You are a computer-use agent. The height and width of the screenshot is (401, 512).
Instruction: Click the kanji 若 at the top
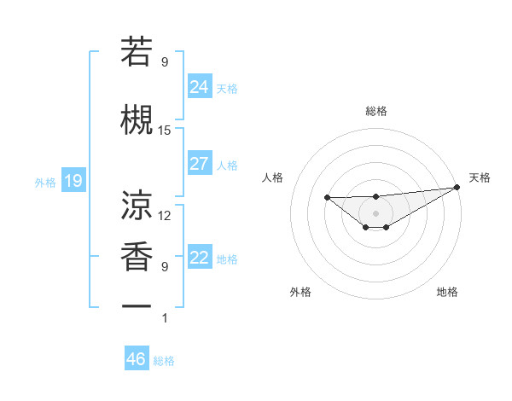point(137,53)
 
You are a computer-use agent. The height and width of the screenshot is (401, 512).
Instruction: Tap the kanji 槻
point(137,119)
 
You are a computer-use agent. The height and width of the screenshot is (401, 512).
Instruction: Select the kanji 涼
point(137,204)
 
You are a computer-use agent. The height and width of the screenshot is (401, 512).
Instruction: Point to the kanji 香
point(137,255)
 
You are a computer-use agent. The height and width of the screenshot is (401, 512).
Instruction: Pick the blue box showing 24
point(200,86)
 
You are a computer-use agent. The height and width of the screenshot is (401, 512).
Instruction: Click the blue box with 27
point(200,164)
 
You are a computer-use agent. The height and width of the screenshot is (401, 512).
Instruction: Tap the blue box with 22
point(200,258)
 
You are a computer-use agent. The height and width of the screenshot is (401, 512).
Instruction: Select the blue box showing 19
point(73,181)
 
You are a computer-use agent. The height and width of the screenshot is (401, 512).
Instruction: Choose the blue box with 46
point(137,359)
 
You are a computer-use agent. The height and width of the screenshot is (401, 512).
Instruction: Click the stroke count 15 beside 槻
point(165,130)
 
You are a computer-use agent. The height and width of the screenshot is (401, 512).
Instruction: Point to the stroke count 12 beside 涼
point(165,215)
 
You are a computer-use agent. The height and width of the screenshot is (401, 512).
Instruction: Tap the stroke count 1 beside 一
point(165,318)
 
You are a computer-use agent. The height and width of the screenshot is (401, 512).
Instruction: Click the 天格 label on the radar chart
point(480,177)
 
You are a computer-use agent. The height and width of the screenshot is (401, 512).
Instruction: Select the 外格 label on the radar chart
point(300,292)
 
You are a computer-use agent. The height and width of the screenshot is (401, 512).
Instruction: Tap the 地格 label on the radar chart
point(447,292)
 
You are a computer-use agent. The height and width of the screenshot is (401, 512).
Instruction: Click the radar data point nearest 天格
point(457,187)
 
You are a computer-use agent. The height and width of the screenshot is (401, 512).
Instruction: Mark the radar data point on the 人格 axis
point(328,198)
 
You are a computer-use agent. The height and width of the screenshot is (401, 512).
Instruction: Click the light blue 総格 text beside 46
point(164,361)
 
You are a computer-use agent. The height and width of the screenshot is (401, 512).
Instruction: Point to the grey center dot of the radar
point(375,212)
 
